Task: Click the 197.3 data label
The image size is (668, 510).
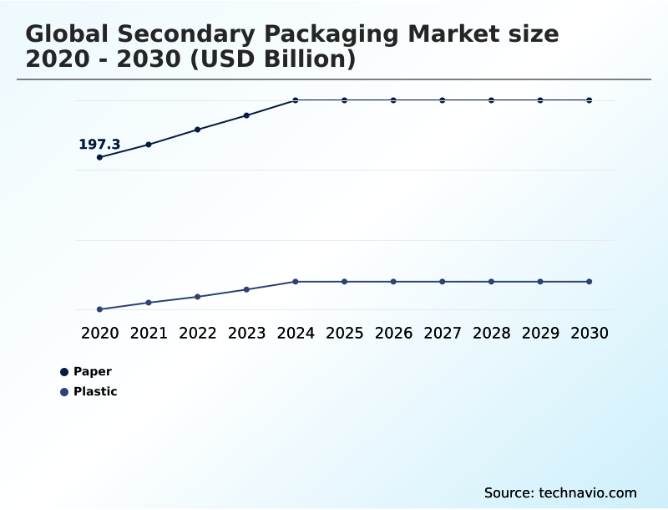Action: [x=99, y=145]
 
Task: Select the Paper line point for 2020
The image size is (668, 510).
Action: [x=99, y=157]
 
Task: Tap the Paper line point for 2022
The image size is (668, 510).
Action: [x=198, y=130]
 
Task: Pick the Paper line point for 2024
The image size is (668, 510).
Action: [x=296, y=100]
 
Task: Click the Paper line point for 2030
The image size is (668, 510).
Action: [x=589, y=100]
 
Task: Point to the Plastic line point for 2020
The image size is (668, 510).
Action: [x=99, y=309]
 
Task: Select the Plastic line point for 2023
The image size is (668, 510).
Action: [x=246, y=289]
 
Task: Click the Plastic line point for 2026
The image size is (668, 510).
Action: [x=393, y=282]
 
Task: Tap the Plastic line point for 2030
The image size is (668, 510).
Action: [x=589, y=282]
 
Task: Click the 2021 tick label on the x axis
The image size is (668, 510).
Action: [x=149, y=334]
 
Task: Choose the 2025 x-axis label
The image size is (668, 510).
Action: [x=344, y=334]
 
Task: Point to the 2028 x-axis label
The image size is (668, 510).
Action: [x=491, y=334]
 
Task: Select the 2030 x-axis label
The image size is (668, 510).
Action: [x=589, y=334]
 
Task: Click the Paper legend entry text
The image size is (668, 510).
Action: [x=93, y=372]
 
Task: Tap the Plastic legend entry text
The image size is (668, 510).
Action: [x=95, y=392]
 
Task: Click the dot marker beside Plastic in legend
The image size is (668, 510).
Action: [x=64, y=392]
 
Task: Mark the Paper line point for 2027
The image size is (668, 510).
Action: [x=443, y=100]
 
